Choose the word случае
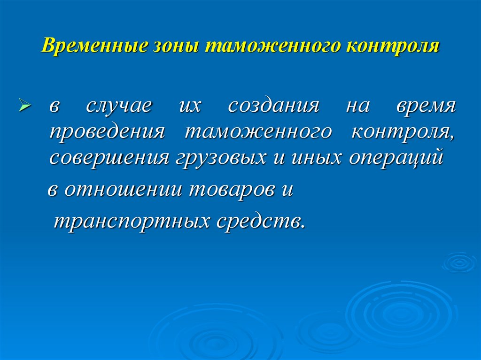(119, 105)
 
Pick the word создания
(273, 105)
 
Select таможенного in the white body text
(257, 131)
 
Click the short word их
(189, 105)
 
